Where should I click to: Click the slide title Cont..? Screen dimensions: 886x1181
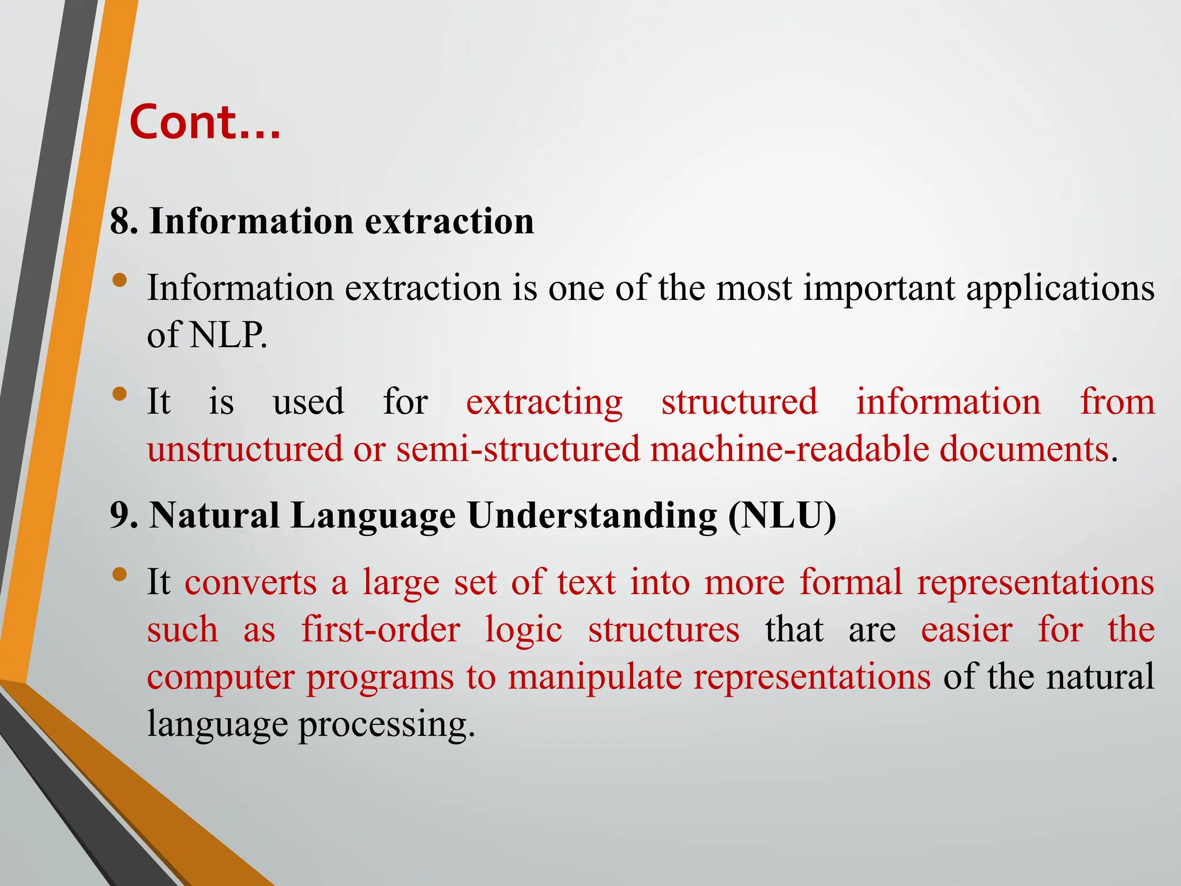(205, 122)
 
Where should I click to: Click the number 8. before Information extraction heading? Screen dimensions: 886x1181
(124, 221)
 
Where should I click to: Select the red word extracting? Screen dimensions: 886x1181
(544, 402)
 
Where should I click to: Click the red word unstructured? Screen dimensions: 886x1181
(245, 449)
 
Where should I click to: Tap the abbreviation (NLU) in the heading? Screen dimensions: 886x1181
(781, 515)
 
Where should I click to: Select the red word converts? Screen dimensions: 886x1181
(251, 583)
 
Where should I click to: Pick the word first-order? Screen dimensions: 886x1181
(381, 629)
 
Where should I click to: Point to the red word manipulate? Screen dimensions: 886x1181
(595, 677)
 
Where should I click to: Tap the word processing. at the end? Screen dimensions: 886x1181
(386, 724)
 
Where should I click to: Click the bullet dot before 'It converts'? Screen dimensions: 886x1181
(120, 574)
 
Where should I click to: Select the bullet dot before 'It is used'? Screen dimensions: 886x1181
(120, 394)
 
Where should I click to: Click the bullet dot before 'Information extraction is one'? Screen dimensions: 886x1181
(120, 280)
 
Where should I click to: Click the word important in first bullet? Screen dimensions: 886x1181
(879, 288)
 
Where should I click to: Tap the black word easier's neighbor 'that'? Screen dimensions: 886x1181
(794, 629)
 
